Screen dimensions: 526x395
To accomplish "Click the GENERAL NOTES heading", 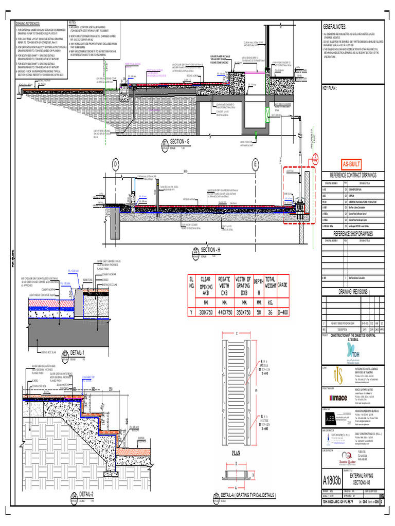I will point(335,27).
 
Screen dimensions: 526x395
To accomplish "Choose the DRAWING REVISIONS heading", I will point(353,291).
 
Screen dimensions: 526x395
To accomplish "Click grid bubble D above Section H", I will point(116,164).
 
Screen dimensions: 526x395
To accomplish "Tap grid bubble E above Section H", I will point(255,164).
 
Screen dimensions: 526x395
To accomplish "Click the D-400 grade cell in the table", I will point(282,311).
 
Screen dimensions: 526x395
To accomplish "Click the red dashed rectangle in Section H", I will point(299,195).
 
